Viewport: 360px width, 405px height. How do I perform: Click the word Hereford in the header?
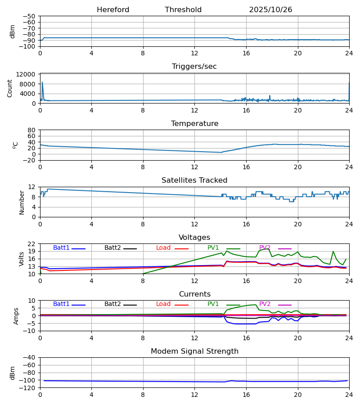tap(113, 10)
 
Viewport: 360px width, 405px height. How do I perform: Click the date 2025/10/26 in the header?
tap(270, 10)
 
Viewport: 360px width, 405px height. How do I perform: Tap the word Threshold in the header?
tap(183, 10)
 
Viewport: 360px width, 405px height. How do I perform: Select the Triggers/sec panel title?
tap(194, 67)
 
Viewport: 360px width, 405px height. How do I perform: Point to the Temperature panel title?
tap(194, 124)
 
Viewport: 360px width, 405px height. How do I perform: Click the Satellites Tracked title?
tap(194, 180)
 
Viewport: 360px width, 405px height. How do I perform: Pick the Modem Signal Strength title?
tap(194, 351)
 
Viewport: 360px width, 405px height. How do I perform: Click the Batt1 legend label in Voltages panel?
tap(61, 248)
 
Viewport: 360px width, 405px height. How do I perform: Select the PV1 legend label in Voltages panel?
tap(213, 248)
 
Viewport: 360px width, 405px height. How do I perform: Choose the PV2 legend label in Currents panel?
tap(265, 304)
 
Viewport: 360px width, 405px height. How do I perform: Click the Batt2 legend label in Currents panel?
tap(112, 304)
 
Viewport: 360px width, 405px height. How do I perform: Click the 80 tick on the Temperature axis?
tap(31, 130)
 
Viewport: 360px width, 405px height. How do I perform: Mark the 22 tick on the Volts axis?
tap(31, 244)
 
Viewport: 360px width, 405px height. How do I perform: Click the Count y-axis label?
tap(10, 88)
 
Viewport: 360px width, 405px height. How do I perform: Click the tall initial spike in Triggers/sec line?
tap(42, 83)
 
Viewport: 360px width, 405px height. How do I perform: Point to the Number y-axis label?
tap(22, 202)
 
